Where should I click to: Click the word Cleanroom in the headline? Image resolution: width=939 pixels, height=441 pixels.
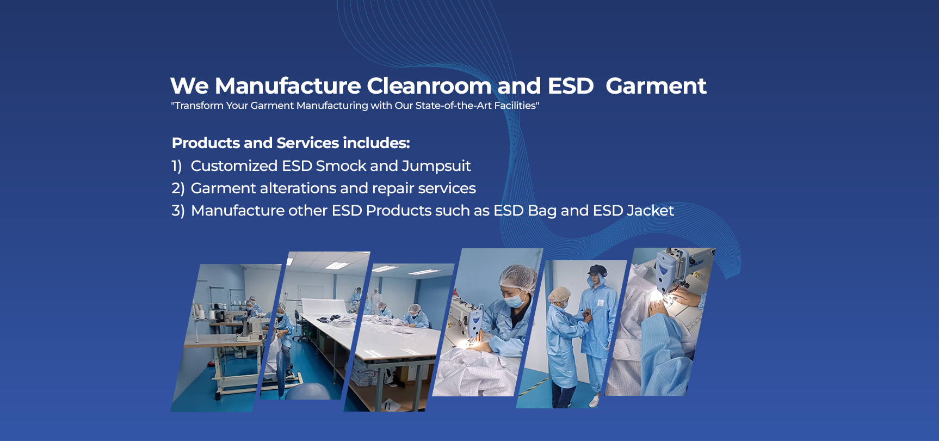click(x=429, y=86)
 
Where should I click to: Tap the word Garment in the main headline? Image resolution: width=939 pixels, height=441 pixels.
click(x=656, y=86)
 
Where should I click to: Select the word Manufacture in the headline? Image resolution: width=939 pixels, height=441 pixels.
click(x=288, y=86)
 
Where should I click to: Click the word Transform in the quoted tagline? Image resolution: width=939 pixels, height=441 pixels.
click(x=199, y=106)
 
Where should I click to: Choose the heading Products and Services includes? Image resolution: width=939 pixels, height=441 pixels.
click(x=291, y=143)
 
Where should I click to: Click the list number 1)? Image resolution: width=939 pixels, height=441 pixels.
click(x=177, y=166)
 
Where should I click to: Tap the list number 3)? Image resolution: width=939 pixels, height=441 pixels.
click(x=178, y=211)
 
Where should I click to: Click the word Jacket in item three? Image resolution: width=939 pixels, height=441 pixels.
click(x=650, y=211)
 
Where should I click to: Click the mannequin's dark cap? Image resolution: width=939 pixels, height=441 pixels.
click(x=597, y=269)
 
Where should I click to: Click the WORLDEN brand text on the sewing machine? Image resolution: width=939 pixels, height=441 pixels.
click(x=697, y=264)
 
